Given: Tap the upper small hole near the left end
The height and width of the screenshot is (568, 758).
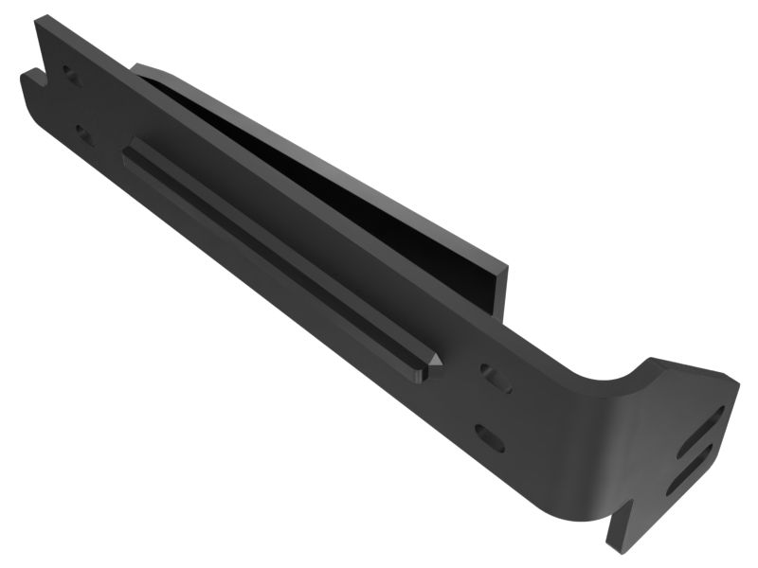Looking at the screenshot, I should [x=69, y=74].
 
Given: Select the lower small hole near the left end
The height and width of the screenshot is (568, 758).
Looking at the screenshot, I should [x=83, y=133].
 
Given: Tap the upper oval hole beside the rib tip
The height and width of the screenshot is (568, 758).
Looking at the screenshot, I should [x=496, y=378].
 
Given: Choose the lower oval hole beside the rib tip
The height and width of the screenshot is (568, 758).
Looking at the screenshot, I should [x=490, y=437].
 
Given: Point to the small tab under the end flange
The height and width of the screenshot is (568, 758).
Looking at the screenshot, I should [x=621, y=530].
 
